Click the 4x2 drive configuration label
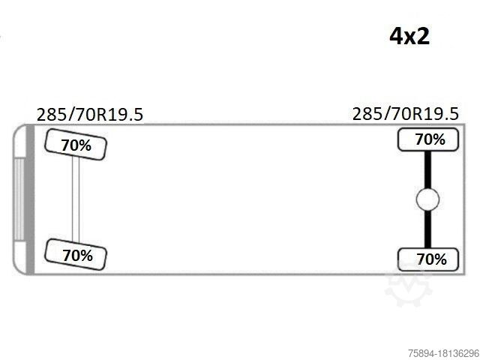[409, 37]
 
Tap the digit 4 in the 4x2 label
[395, 37]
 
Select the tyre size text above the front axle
[90, 115]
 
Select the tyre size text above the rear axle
[406, 114]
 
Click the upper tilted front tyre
[76, 145]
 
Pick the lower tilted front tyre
[76, 254]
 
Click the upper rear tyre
[428, 139]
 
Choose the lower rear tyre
[428, 259]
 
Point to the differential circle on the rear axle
[427, 199]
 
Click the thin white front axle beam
[76, 199]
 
